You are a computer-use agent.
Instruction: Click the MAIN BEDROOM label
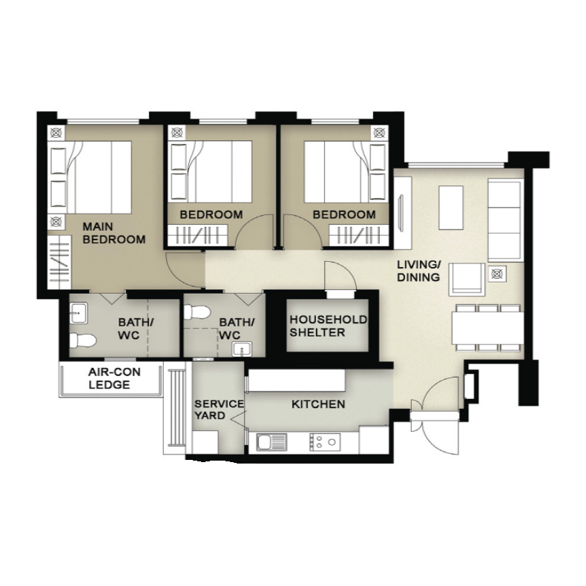[x=114, y=233]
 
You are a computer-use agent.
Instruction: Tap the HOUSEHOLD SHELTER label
[x=328, y=326]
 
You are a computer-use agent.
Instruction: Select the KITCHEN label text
[x=318, y=404]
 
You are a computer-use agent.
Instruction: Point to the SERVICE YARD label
[x=219, y=409]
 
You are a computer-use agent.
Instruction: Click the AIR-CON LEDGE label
[x=109, y=378]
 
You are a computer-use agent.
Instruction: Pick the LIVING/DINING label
[x=418, y=271]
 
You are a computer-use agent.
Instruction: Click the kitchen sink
[x=271, y=443]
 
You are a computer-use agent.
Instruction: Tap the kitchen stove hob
[x=325, y=442]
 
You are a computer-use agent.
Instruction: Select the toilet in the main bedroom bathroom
[x=83, y=340]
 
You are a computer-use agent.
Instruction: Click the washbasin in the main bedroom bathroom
[x=79, y=313]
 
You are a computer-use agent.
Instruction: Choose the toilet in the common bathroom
[x=197, y=312]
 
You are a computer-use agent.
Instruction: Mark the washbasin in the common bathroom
[x=242, y=349]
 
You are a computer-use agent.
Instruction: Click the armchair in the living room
[x=467, y=280]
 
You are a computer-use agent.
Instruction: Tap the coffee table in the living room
[x=451, y=208]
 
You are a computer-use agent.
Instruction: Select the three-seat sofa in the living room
[x=505, y=220]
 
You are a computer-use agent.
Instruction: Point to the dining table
[x=487, y=328]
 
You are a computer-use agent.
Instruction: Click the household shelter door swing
[x=340, y=275]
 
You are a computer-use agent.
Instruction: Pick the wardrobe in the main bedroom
[x=59, y=263]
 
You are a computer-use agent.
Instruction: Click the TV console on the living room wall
[x=403, y=213]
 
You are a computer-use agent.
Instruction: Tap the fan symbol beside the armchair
[x=497, y=274]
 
